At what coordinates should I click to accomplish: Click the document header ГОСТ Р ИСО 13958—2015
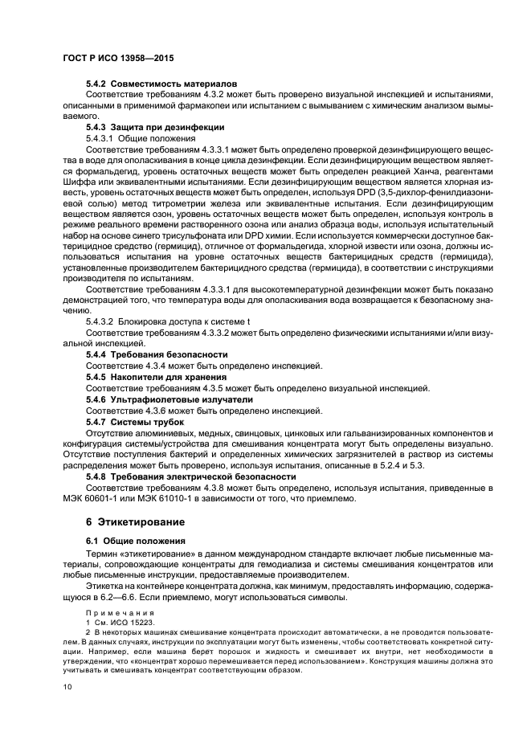(x=118, y=59)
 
